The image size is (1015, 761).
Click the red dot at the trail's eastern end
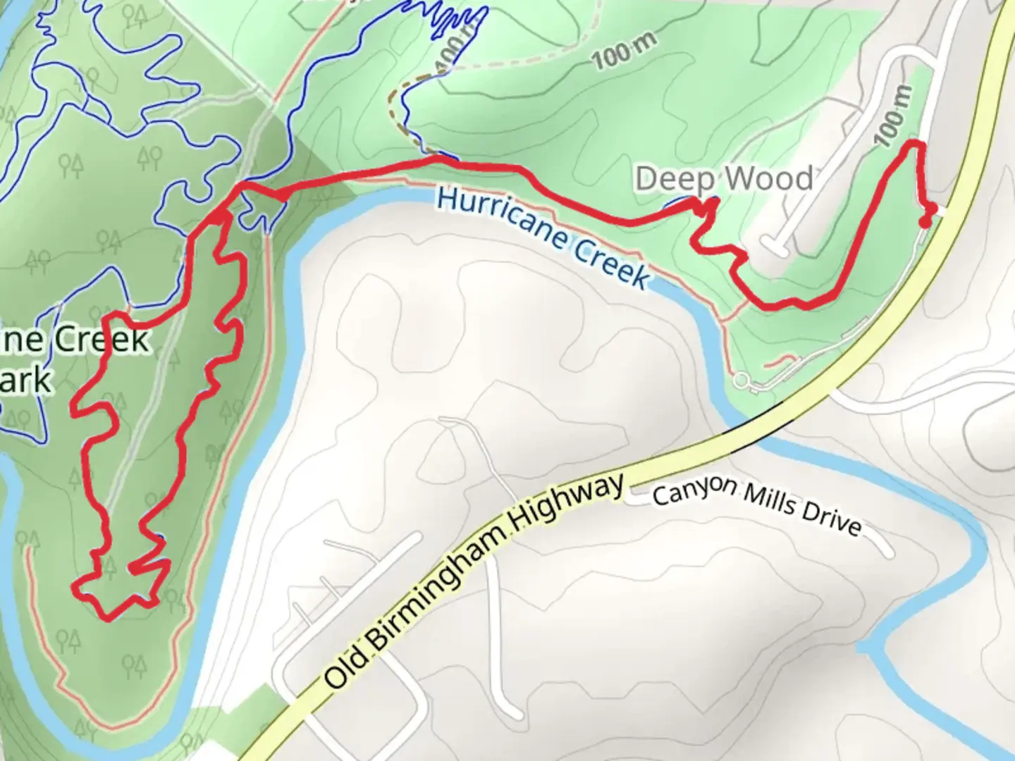[925, 222]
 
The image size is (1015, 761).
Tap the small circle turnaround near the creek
[741, 381]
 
